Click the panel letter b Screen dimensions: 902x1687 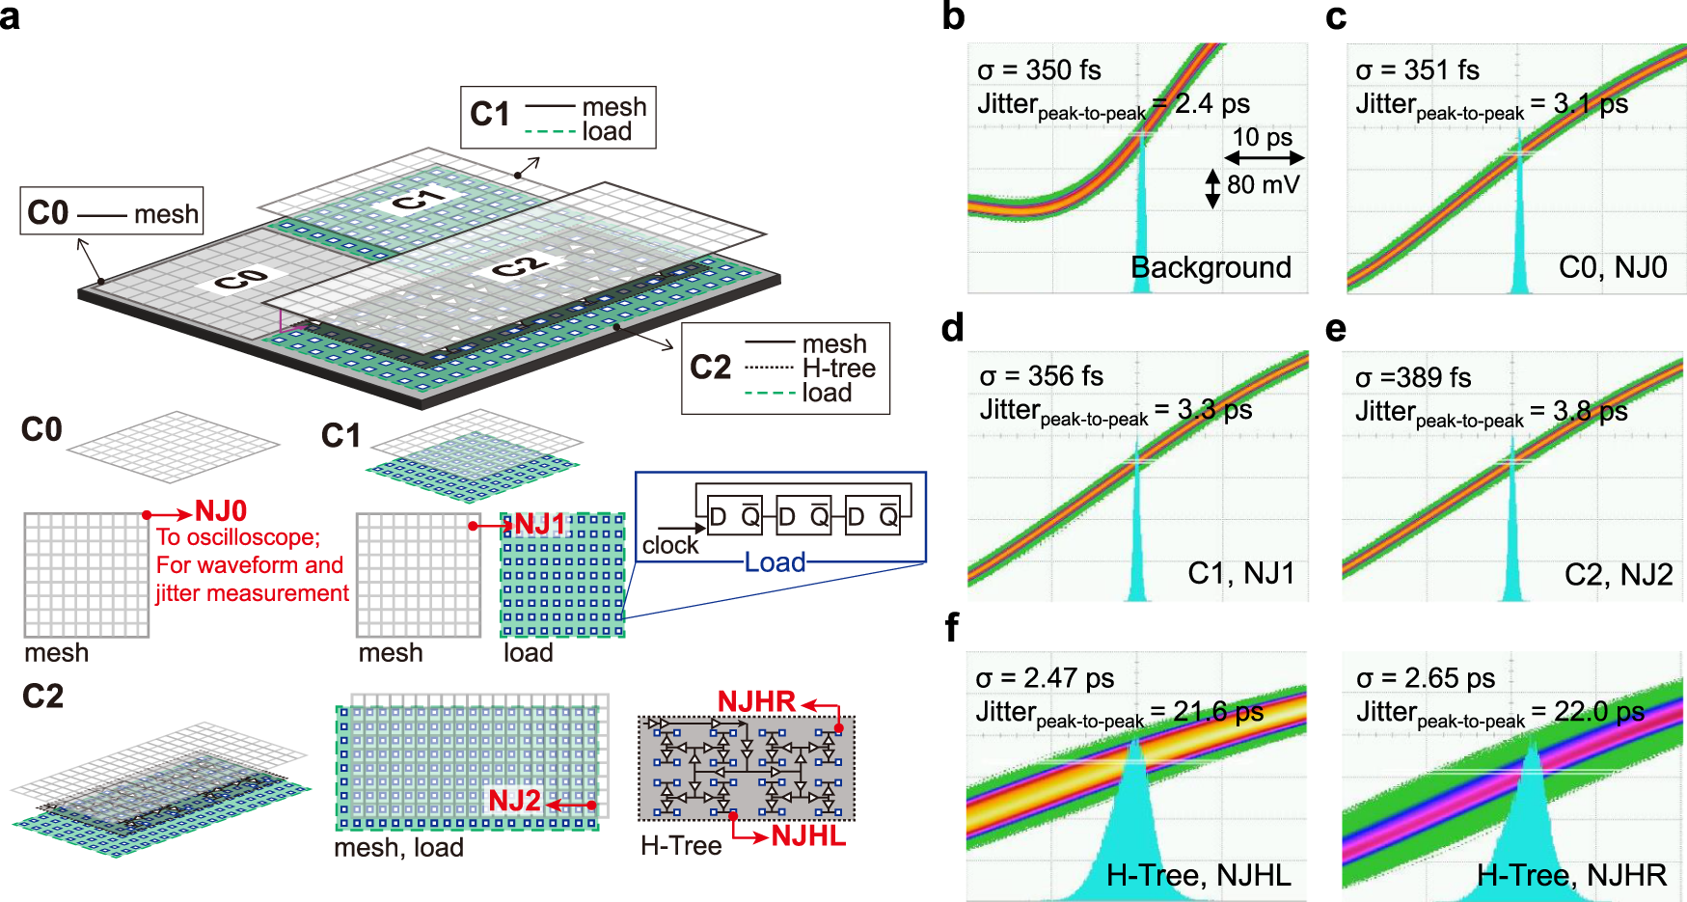tap(953, 17)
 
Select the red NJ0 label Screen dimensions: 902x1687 tap(221, 510)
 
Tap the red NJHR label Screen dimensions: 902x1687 tap(756, 701)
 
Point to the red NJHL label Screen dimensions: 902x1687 tap(808, 835)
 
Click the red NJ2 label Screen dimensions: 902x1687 tap(514, 800)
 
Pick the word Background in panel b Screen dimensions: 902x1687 tap(1211, 267)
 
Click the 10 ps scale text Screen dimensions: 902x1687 tap(1263, 137)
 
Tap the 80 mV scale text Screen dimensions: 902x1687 tap(1263, 184)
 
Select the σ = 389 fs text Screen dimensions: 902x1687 tap(1413, 378)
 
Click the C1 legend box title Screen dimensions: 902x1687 tap(490, 115)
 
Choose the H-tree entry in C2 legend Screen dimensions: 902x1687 tap(838, 369)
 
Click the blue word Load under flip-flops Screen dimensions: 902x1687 tap(775, 562)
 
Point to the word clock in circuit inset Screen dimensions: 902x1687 tap(670, 545)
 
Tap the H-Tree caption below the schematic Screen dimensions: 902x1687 tap(681, 846)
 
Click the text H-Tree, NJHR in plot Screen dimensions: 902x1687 tap(1571, 875)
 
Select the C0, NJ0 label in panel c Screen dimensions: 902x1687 tap(1613, 267)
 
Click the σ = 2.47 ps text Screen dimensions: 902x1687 tap(1045, 678)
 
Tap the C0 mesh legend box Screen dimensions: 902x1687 tap(112, 212)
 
